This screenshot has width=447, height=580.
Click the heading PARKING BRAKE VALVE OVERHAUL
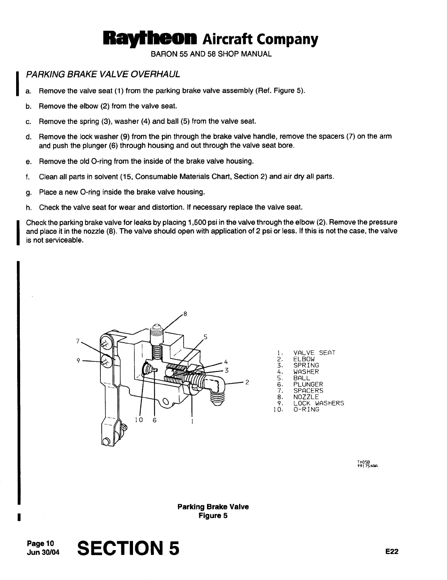103,74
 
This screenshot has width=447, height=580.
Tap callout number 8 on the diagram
185,314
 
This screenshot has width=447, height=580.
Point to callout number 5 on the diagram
206,337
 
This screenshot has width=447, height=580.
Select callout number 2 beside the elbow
247,383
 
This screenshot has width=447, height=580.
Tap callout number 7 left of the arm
78,341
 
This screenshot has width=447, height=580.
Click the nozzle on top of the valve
157,332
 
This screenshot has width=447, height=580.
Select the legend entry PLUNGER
308,384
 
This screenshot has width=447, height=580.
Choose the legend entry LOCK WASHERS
318,403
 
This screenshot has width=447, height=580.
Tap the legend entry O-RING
306,409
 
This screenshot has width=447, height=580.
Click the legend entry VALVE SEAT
314,353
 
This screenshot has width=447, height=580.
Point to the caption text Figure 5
213,516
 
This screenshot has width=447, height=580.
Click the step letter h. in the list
28,208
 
